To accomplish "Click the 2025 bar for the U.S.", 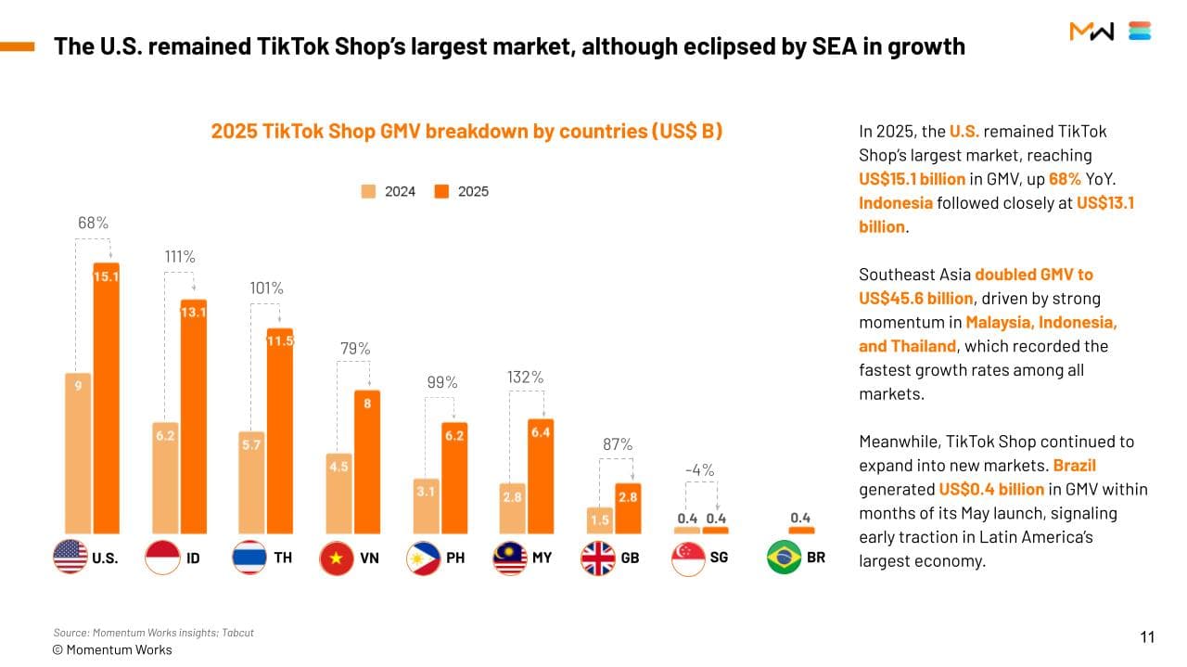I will point(106,399).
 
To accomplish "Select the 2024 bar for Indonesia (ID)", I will point(165,478).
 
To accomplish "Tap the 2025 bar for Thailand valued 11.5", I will point(280,431).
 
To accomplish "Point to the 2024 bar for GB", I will point(599,520).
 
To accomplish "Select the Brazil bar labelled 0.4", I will point(801,530).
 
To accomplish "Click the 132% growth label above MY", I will point(525,378).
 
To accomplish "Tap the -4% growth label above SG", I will point(699,470).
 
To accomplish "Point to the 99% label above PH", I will point(442,382).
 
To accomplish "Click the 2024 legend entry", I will point(389,191).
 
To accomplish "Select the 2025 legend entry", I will point(462,191).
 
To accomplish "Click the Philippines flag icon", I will point(423,558).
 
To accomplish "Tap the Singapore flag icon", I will point(687,558).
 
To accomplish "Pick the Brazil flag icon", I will point(784,558).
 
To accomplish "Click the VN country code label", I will point(369,558).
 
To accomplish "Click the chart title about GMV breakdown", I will point(466,131).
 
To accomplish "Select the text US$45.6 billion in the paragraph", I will point(915,298).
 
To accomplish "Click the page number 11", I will point(1147,636).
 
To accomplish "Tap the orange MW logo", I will point(1091,32).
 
